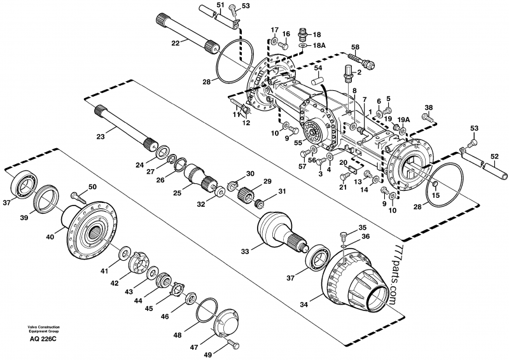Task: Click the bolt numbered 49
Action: pyautogui.click(x=232, y=344)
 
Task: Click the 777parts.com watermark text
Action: pyautogui.click(x=389, y=274)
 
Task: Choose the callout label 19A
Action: pyautogui.click(x=403, y=120)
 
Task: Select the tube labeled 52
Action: pyautogui.click(x=491, y=168)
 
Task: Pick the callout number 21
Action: pyautogui.click(x=343, y=186)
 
